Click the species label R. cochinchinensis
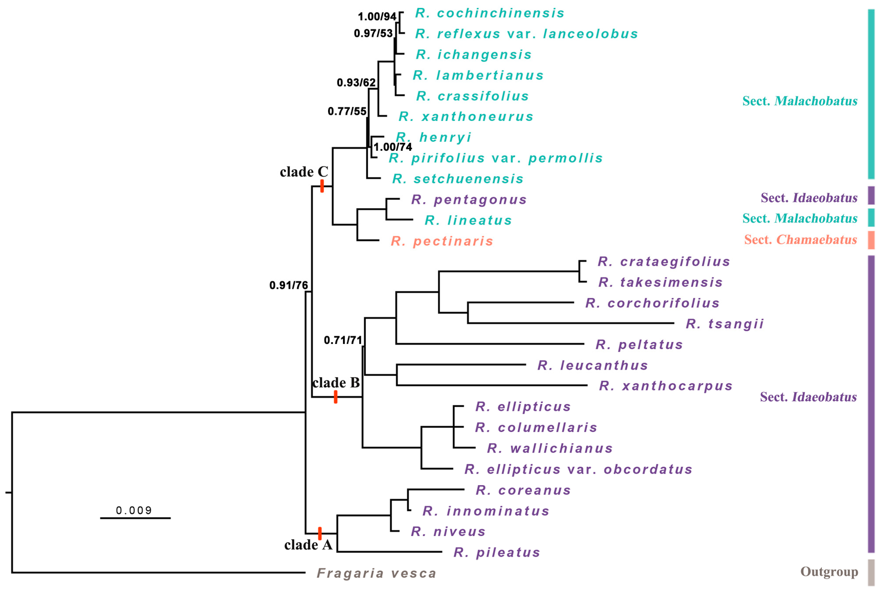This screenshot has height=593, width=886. point(490,13)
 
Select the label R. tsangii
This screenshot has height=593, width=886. point(724,324)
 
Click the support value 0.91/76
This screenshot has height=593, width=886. point(288,285)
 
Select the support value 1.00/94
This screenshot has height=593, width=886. point(377,17)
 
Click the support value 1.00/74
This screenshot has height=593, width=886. point(393,147)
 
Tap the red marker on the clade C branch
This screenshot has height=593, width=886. point(322,186)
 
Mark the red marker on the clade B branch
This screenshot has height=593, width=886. point(335,397)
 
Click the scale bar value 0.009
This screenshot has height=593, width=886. point(134,511)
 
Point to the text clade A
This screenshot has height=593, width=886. point(308,545)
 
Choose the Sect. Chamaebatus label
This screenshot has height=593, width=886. point(800,240)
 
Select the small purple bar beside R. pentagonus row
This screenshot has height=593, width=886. point(871,195)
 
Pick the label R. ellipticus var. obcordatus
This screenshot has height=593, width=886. point(578,469)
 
